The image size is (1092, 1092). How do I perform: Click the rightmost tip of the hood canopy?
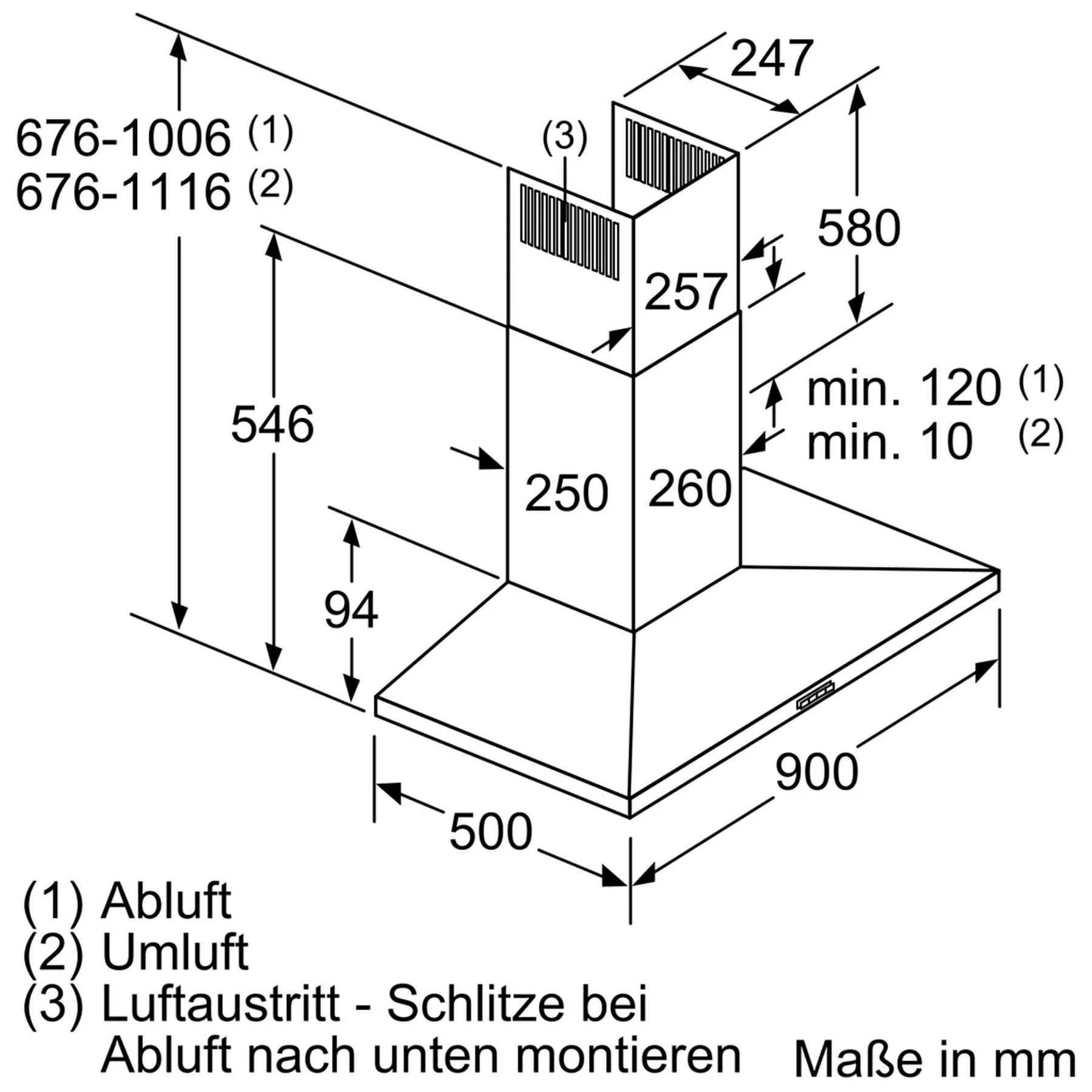999,571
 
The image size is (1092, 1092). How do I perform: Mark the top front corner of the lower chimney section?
633,376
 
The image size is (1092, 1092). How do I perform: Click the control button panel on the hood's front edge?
815,695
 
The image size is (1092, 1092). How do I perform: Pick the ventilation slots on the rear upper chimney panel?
675,155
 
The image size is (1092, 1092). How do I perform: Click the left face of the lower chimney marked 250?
570,479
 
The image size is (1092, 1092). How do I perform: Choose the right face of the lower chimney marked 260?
687,473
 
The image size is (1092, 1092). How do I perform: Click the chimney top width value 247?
772,59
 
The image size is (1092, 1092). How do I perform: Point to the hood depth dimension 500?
491,832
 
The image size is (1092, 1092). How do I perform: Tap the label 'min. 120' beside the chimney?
903,388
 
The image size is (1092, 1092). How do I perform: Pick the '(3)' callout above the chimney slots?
564,137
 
